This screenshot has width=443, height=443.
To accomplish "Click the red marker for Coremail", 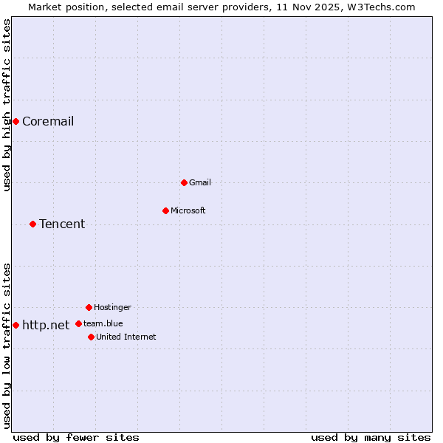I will click(16, 121).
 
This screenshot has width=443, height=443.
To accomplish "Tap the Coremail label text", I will click(48, 121).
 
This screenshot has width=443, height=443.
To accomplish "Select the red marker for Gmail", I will click(184, 182).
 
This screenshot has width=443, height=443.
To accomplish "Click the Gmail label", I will click(200, 182).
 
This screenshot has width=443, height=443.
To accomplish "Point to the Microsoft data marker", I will click(165, 210).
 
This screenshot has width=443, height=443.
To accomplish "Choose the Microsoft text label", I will click(188, 210).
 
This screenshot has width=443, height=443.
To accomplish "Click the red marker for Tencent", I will click(32, 224).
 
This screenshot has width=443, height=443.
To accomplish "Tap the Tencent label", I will click(62, 224).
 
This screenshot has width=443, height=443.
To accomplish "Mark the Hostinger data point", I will click(89, 307).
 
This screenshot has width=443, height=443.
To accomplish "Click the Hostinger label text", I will click(112, 307).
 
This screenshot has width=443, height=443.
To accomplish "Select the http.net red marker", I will click(16, 325).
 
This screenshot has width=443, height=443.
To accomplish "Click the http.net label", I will click(46, 325).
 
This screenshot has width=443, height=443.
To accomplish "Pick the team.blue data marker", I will click(78, 323).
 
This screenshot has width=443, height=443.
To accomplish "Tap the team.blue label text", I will click(103, 323).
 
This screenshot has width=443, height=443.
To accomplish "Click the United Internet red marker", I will click(91, 337).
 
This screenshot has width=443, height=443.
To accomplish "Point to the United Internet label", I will click(126, 337).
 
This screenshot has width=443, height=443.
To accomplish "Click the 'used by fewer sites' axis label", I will click(76, 437).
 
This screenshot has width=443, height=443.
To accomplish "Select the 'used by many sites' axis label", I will click(371, 437).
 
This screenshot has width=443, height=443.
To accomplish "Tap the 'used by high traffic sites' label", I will click(7, 105).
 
